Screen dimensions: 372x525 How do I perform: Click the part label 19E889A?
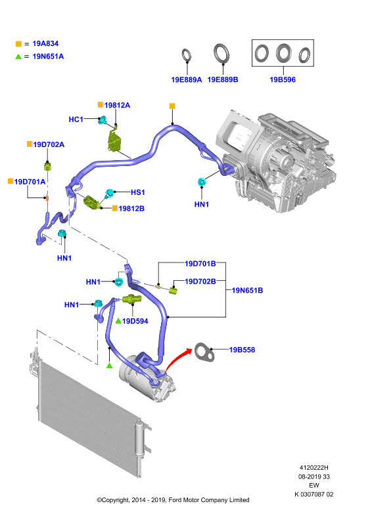point(187,79)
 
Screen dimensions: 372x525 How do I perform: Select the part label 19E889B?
point(223,79)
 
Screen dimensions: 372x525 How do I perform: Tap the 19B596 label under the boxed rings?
point(283,79)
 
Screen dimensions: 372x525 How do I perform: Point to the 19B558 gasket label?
point(242,350)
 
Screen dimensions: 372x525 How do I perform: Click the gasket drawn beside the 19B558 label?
point(204,352)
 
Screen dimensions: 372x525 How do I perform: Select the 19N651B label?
point(247,291)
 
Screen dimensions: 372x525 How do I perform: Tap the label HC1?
point(76,119)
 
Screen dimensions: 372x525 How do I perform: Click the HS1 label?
point(137,192)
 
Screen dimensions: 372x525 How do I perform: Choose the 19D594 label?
point(135,321)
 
